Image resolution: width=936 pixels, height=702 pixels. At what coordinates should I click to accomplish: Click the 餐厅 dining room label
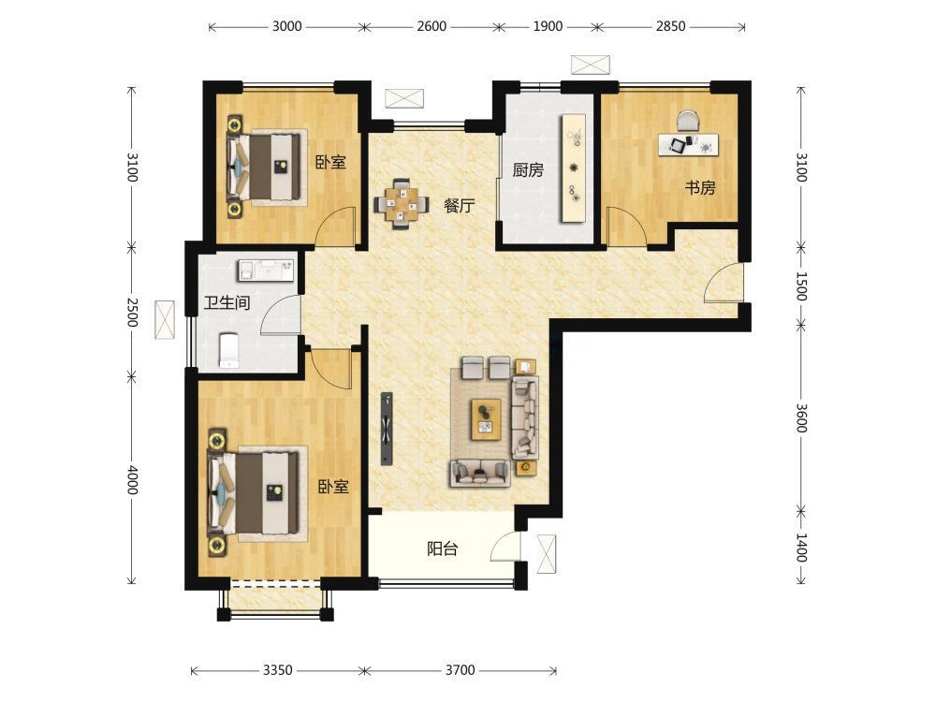(x=459, y=206)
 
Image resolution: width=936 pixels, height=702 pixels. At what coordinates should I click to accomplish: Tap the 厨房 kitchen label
(x=528, y=170)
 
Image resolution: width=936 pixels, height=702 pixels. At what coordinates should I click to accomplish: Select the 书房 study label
(x=699, y=187)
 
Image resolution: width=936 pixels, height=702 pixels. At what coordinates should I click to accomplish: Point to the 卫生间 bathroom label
(x=227, y=302)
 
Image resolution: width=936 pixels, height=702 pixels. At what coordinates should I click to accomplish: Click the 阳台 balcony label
(x=443, y=548)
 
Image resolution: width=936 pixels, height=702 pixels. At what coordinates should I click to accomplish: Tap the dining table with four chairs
(x=402, y=204)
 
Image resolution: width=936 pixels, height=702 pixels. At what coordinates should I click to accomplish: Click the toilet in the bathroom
(x=228, y=350)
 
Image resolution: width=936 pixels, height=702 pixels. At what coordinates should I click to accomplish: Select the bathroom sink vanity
(x=266, y=270)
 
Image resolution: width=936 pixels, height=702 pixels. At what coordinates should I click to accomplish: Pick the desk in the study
(x=688, y=144)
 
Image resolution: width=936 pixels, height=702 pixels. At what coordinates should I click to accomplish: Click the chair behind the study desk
(x=688, y=120)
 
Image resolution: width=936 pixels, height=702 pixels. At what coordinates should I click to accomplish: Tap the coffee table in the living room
(x=486, y=419)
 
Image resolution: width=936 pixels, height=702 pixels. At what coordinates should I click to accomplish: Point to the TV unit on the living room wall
(x=387, y=428)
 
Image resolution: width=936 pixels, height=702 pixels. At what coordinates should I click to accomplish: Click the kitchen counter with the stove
(x=573, y=168)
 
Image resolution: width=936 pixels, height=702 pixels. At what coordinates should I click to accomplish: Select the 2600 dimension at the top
(x=431, y=26)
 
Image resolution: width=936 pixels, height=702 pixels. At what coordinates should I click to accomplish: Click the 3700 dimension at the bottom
(x=461, y=670)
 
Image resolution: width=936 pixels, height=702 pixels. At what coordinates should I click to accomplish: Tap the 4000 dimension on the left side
(x=132, y=480)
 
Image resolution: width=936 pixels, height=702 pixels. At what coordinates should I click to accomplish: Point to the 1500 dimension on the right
(x=801, y=286)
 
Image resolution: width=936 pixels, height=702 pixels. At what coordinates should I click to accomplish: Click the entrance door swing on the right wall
(x=724, y=282)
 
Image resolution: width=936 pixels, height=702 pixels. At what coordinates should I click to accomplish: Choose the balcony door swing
(x=505, y=547)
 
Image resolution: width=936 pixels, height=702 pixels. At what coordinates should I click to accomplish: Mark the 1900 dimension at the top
(x=548, y=26)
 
